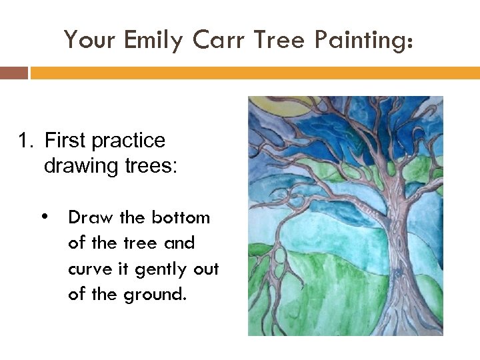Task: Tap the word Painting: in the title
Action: (365, 41)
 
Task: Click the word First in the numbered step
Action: (65, 141)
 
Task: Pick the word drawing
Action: (81, 166)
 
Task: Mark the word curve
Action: (89, 269)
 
